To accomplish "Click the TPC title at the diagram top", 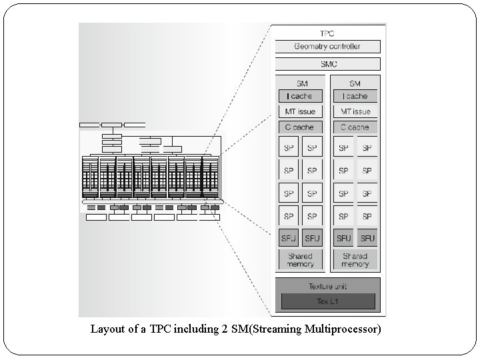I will click(x=327, y=33).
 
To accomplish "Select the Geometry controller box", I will click(x=327, y=47).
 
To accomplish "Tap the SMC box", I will click(x=327, y=64).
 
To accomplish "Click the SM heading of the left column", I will click(x=300, y=83).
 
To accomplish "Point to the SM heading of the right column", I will click(x=355, y=83).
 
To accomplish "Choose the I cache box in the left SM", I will click(x=300, y=96).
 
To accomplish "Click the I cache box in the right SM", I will click(x=355, y=96).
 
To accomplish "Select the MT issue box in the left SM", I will click(x=300, y=111).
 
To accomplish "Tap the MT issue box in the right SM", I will click(x=355, y=111).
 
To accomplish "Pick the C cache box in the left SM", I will click(x=300, y=127).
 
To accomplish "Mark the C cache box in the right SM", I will click(x=355, y=127).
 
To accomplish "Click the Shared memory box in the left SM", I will click(x=300, y=260).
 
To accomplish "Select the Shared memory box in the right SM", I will click(x=355, y=260).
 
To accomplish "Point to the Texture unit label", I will click(x=327, y=287).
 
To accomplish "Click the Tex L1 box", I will click(x=327, y=301).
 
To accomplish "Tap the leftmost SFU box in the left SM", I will click(x=289, y=238).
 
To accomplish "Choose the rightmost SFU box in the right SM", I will click(x=367, y=238).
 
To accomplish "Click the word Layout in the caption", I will click(x=107, y=329).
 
